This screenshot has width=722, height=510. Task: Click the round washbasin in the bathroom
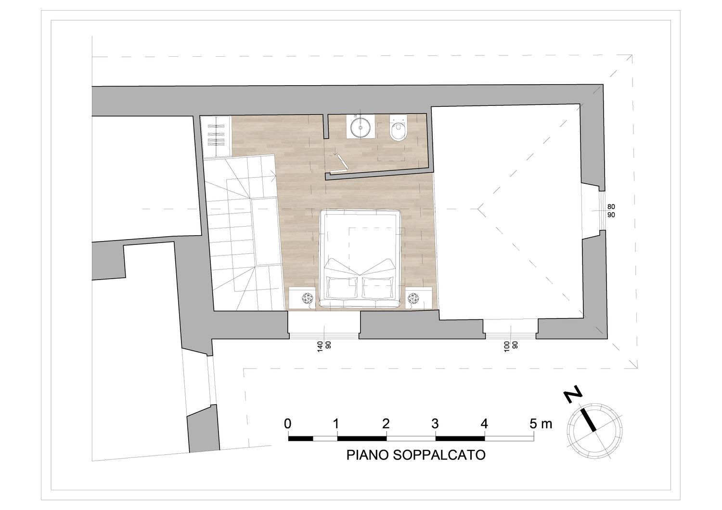pos(361,127)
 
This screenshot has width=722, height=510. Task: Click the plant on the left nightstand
pos(308,298)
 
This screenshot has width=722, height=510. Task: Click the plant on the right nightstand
pos(413,298)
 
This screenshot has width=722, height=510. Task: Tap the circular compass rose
pos(594,431)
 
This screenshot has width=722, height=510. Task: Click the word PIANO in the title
pos(367,455)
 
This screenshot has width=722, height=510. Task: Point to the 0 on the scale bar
pos(287,424)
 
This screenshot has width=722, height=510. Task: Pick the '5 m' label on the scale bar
pos(541,424)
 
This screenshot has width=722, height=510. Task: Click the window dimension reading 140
pos(320,347)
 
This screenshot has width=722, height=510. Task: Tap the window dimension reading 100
pos(507,347)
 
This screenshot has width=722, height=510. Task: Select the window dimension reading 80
pos(611,206)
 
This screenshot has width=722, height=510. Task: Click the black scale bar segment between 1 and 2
pos(361,438)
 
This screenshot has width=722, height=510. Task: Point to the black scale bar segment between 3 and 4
pos(460,438)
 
